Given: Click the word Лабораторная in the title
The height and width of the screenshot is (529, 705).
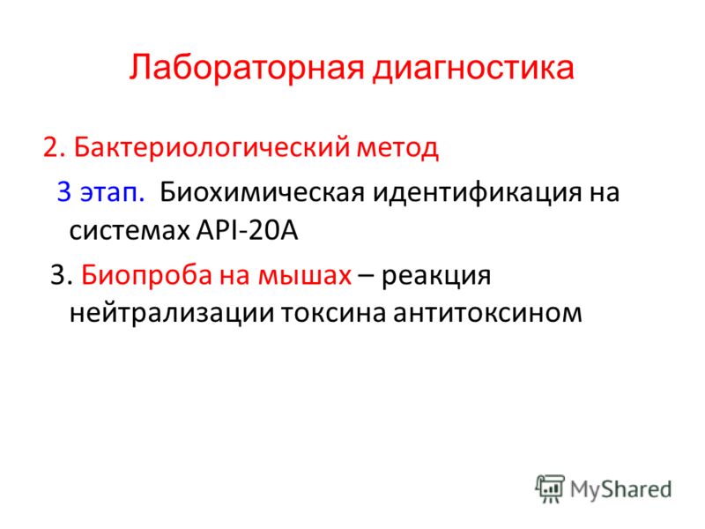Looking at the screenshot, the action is (247, 69).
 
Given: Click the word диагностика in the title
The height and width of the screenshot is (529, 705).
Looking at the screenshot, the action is (473, 69).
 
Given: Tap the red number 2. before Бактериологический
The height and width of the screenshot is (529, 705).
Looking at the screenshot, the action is (55, 147).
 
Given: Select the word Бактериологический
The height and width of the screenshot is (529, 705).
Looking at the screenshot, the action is (211, 148).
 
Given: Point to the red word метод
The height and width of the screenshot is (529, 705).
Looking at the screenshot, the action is (397, 148).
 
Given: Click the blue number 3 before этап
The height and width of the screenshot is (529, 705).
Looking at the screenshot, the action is (64, 191).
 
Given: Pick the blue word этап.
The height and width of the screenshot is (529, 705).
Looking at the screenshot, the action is (113, 192).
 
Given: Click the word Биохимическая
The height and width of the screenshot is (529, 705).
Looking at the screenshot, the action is (262, 192).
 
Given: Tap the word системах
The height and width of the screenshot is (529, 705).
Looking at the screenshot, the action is (129, 232).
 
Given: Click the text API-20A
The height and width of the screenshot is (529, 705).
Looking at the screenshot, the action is (248, 231).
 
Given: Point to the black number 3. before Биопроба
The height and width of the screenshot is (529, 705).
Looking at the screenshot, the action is (61, 275).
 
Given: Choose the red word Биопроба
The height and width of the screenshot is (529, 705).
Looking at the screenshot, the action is (146, 275).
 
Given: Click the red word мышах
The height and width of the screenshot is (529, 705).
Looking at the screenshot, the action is (304, 276).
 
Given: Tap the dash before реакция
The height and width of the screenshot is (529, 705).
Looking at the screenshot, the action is (366, 276).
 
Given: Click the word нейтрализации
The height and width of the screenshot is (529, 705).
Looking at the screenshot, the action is (172, 314).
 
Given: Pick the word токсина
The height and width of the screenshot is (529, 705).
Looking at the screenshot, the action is (334, 314).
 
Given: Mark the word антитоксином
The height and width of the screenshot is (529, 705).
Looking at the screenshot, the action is (488, 314).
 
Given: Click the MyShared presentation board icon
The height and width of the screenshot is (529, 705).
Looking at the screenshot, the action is (549, 488).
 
